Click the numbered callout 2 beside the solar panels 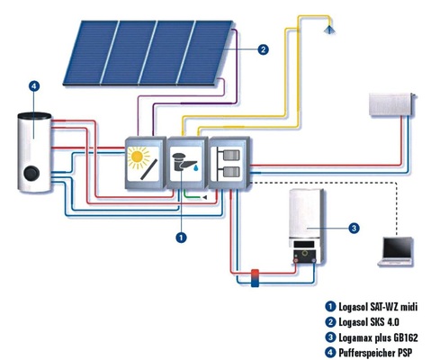262,50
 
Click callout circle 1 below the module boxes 181,238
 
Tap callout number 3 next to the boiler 354,228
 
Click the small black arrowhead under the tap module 206,195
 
